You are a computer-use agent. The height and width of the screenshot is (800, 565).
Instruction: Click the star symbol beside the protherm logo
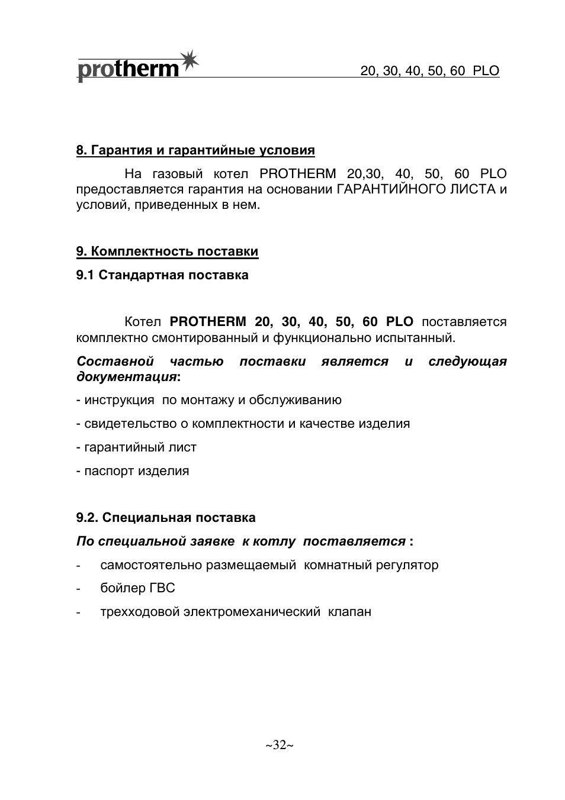tap(189, 61)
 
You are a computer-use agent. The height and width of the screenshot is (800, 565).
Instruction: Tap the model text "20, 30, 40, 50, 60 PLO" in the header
tap(429, 72)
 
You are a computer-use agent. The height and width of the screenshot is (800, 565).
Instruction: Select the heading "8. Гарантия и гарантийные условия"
tap(195, 150)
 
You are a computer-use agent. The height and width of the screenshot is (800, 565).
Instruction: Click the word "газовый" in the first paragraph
tap(178, 174)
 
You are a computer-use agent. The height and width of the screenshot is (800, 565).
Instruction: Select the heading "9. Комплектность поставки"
tap(167, 251)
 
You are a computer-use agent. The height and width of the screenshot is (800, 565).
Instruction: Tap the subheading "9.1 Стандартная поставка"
tap(162, 275)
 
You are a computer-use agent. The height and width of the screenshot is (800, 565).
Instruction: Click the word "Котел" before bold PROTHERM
tap(143, 322)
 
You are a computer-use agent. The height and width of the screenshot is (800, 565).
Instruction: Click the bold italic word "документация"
tap(126, 377)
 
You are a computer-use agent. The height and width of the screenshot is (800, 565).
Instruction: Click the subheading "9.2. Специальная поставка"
tap(166, 518)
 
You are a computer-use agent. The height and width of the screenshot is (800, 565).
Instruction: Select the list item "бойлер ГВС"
tap(137, 588)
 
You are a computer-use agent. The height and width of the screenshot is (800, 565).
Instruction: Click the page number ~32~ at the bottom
tap(280, 745)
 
